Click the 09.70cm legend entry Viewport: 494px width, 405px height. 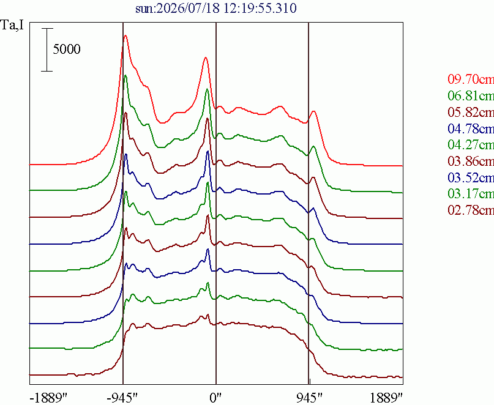tap(471, 79)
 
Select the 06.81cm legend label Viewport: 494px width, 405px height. tap(471, 95)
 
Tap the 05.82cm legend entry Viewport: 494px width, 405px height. tap(471, 112)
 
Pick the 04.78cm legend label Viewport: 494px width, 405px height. tap(471, 128)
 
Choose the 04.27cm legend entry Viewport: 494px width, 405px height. tap(471, 144)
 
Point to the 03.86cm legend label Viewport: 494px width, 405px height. tap(471, 161)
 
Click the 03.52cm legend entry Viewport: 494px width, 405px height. tap(471, 177)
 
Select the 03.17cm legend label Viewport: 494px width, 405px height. tap(471, 193)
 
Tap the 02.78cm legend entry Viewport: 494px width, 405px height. tap(471, 209)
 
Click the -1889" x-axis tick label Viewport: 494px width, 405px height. tap(48, 398)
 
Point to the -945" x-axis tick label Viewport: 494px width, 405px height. tap(122, 398)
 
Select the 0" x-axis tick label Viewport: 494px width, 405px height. tap(215, 398)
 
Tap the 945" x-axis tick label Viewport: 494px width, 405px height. tap(309, 398)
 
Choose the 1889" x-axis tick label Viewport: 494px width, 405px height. tap(386, 398)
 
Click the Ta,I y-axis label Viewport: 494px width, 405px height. tap(12, 25)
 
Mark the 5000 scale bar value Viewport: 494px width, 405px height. tap(67, 49)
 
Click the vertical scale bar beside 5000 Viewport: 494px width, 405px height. tap(47, 50)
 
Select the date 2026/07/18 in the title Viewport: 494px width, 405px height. tap(188, 8)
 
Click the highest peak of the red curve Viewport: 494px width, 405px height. tap(125, 35)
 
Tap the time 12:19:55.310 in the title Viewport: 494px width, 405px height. tap(260, 8)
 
